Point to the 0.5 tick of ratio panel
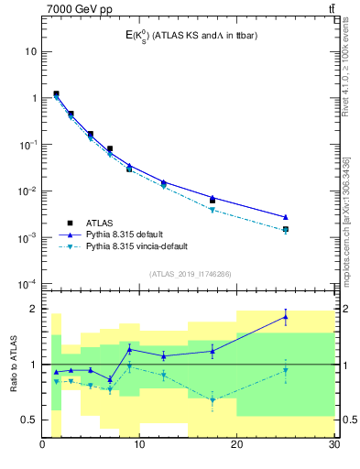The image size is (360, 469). coord(30,420)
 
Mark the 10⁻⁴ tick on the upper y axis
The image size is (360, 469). coord(28,284)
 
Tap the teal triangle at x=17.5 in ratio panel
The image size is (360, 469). coord(213,400)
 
